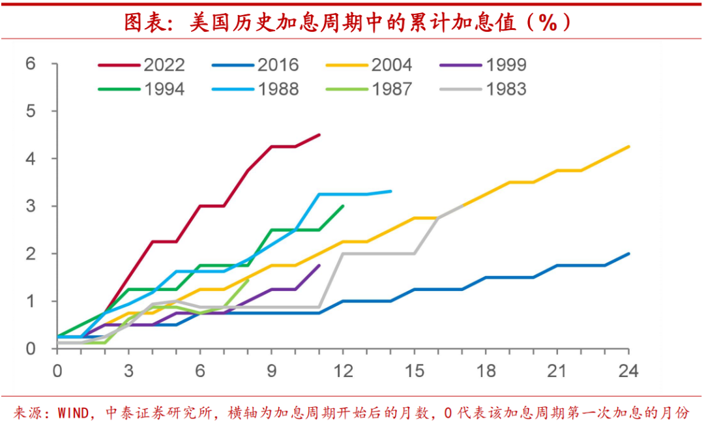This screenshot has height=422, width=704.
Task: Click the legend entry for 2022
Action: click(x=164, y=65)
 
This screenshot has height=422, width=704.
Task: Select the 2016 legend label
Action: click(x=278, y=65)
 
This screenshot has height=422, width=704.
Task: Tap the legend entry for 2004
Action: click(x=392, y=65)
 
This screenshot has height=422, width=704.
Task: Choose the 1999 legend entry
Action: click(x=506, y=65)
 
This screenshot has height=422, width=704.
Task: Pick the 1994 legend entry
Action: click(x=164, y=89)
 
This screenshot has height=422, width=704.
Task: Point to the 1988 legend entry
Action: click(x=278, y=89)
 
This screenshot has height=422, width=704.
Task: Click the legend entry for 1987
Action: click(x=392, y=89)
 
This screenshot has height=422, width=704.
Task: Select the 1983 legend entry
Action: click(x=506, y=89)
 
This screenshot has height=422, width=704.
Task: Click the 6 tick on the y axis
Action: click(x=30, y=64)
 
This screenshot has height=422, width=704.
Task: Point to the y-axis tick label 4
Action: click(x=30, y=158)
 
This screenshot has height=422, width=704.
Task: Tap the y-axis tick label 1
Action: click(x=30, y=301)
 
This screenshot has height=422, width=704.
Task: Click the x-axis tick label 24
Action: click(x=628, y=371)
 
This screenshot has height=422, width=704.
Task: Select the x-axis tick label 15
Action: click(x=414, y=371)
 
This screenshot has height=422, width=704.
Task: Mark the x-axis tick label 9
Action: click(x=271, y=371)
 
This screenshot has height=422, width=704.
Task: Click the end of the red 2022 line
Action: click(x=319, y=134)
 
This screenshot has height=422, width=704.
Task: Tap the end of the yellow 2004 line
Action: click(x=628, y=147)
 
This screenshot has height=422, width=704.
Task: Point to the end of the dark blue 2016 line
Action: click(x=628, y=254)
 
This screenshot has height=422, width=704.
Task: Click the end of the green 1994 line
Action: click(x=343, y=206)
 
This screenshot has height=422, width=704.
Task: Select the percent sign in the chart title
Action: click(x=548, y=23)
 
